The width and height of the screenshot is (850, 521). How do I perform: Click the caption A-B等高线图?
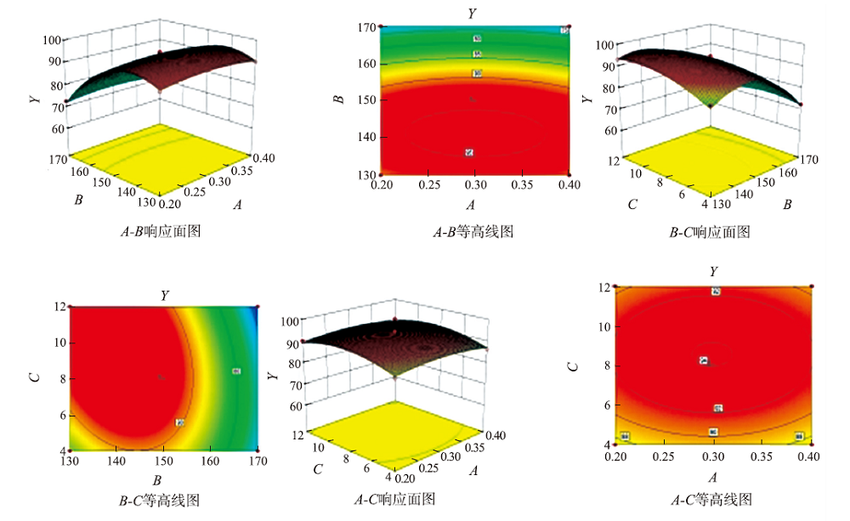pyautogui.click(x=472, y=230)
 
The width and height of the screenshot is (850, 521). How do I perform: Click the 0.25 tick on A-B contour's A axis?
pyautogui.click(x=426, y=184)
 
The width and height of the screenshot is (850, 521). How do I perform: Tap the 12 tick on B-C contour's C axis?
pyautogui.click(x=61, y=307)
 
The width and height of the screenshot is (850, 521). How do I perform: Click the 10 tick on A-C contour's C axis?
pyautogui.click(x=603, y=327)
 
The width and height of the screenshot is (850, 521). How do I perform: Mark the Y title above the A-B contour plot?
pyautogui.click(x=471, y=13)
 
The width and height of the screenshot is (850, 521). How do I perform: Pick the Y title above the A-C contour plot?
pyautogui.click(x=713, y=271)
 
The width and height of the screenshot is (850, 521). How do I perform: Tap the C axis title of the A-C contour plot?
pyautogui.click(x=574, y=365)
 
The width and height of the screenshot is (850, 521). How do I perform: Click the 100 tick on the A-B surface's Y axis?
pyautogui.click(x=48, y=40)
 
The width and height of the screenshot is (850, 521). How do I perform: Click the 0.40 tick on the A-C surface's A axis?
pyautogui.click(x=496, y=436)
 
